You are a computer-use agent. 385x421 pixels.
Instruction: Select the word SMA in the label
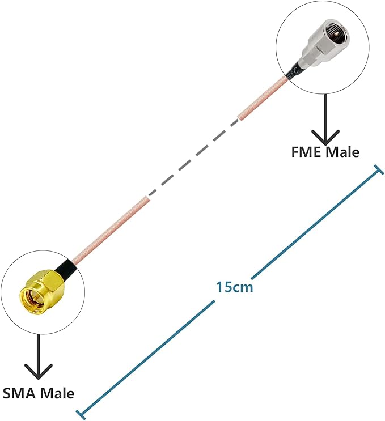pos(20,392)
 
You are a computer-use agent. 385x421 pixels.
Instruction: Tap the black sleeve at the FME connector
pos(294,71)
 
